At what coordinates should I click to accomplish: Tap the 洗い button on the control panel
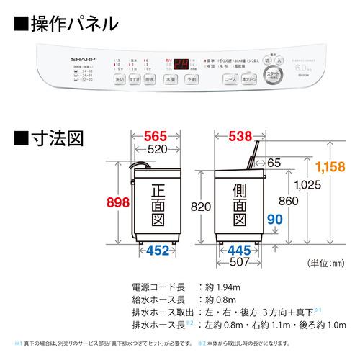(120, 78)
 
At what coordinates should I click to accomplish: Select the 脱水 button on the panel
(150, 78)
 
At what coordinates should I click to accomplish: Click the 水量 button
(170, 78)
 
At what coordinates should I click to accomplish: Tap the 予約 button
(191, 78)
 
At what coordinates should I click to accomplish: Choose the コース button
(231, 78)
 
